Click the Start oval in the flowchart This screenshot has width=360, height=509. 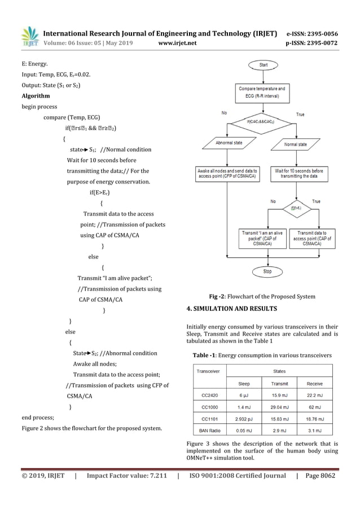point(264,65)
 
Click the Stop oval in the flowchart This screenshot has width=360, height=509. point(267,271)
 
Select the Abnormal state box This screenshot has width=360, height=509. point(229,144)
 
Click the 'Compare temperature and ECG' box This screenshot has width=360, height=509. point(262,92)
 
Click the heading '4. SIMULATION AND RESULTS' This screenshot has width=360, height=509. point(231,309)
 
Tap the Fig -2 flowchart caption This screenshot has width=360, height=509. point(262,297)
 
